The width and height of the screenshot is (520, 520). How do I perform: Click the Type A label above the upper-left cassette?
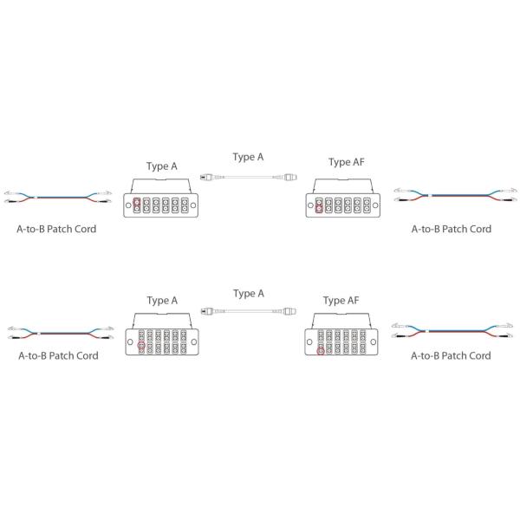point(162,164)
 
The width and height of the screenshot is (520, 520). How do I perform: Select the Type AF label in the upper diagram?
point(345,162)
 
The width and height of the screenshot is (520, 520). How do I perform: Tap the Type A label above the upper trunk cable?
point(248,157)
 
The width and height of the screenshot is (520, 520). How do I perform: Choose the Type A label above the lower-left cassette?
point(162,301)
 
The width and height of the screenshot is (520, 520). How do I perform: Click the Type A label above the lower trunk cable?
point(248,294)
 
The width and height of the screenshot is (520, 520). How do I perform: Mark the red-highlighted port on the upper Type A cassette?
point(139,206)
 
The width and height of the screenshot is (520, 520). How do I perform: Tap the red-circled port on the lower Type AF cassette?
point(322,351)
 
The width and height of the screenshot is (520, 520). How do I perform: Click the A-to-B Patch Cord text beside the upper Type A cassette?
point(56,230)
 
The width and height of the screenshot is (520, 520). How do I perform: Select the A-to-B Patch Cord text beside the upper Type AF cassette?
point(451,230)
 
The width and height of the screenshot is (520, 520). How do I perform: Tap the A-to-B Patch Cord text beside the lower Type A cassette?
point(58,355)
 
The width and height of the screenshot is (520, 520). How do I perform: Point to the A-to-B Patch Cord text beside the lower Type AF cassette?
point(451,355)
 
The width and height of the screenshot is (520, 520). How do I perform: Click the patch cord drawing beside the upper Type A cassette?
point(56,197)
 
